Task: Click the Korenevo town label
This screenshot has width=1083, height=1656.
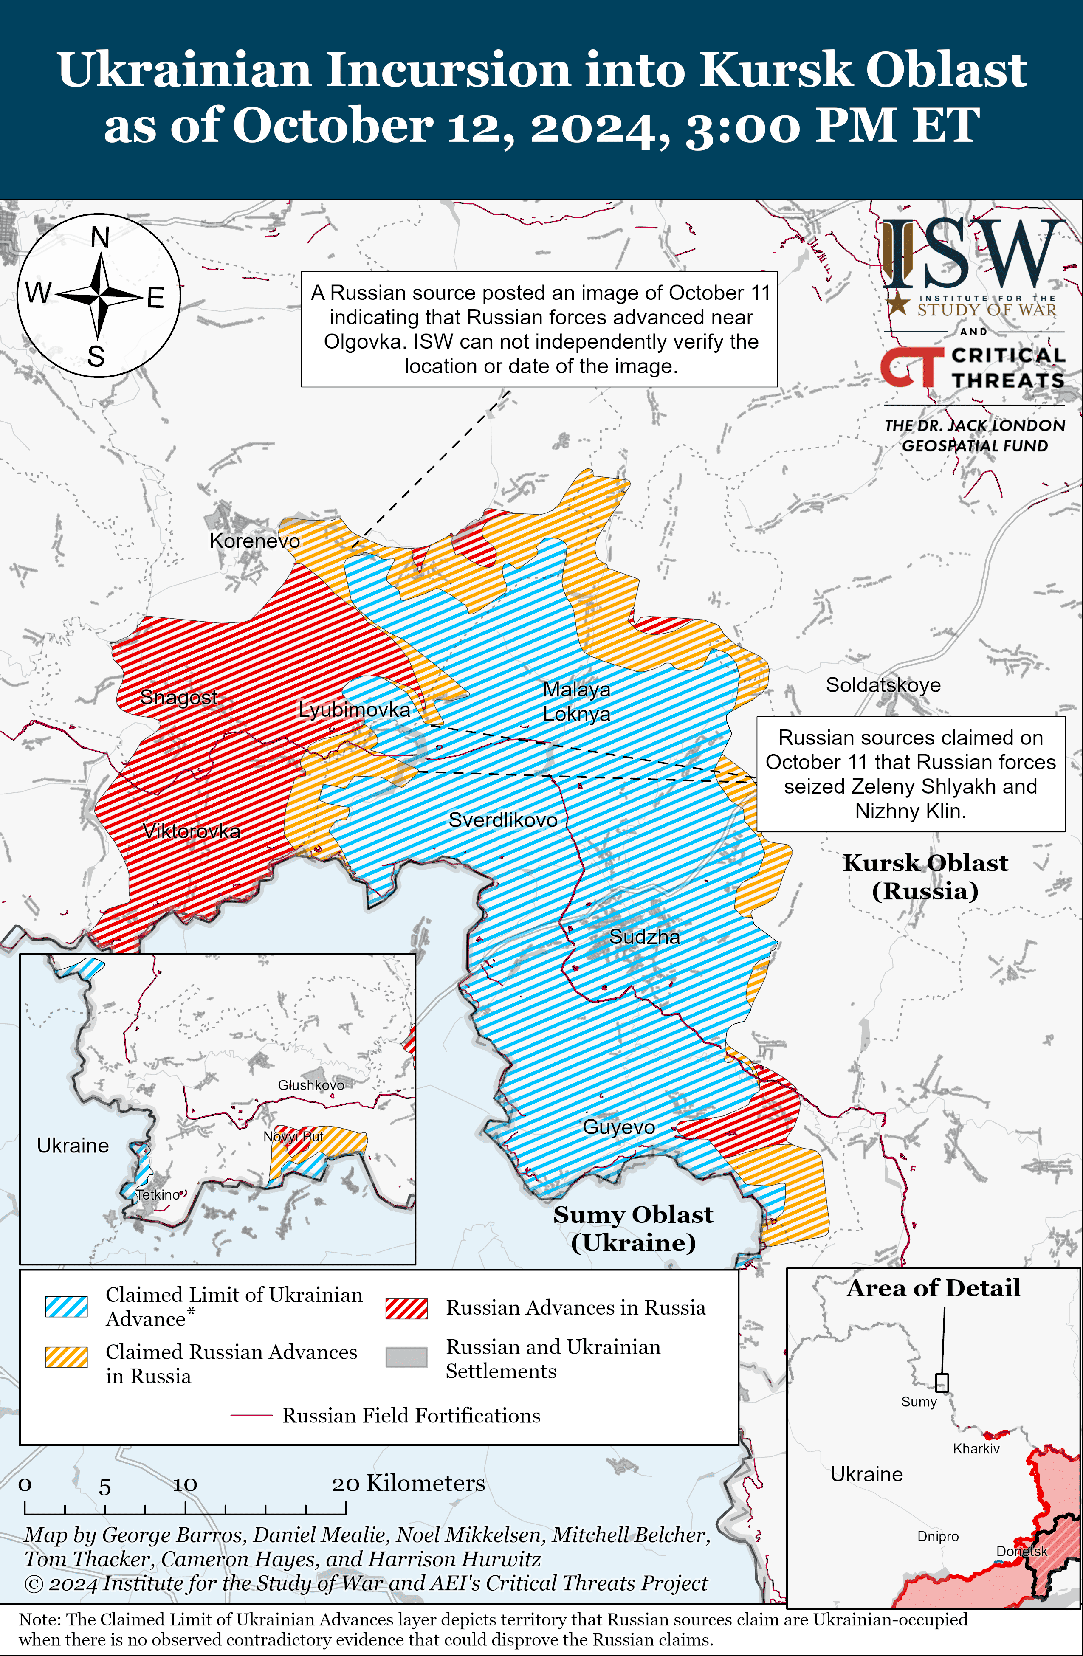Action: coord(255,541)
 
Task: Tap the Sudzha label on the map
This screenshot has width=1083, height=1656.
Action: coord(645,937)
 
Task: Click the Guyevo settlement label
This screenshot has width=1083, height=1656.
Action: coord(619,1127)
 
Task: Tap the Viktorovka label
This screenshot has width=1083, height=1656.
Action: coord(192,831)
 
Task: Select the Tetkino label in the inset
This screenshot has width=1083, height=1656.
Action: coord(158,1195)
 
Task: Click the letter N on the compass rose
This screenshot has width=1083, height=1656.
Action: coord(100,238)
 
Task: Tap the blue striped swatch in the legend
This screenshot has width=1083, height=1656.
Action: coord(67,1307)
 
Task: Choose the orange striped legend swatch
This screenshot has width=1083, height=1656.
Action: coord(67,1357)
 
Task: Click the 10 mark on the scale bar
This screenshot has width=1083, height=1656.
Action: coord(185,1486)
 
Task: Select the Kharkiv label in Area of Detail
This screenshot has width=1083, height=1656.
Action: coord(976,1449)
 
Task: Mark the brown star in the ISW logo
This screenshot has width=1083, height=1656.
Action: coord(899,303)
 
